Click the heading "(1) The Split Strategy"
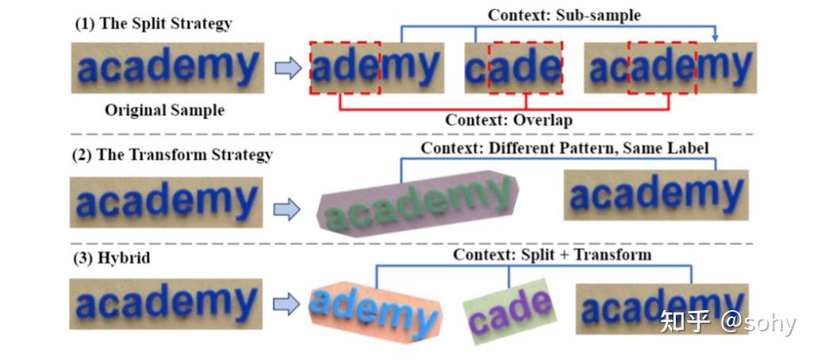(153, 23)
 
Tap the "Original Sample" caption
(164, 110)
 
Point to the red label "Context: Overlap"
(508, 121)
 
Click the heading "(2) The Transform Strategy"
(172, 155)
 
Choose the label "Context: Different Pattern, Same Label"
(565, 147)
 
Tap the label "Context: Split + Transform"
(552, 255)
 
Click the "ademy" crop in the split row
(376, 67)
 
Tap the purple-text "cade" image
(509, 310)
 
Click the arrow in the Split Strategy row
(287, 69)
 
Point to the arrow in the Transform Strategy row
(287, 209)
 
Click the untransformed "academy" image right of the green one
(656, 195)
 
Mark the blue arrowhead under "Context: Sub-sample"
(715, 38)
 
